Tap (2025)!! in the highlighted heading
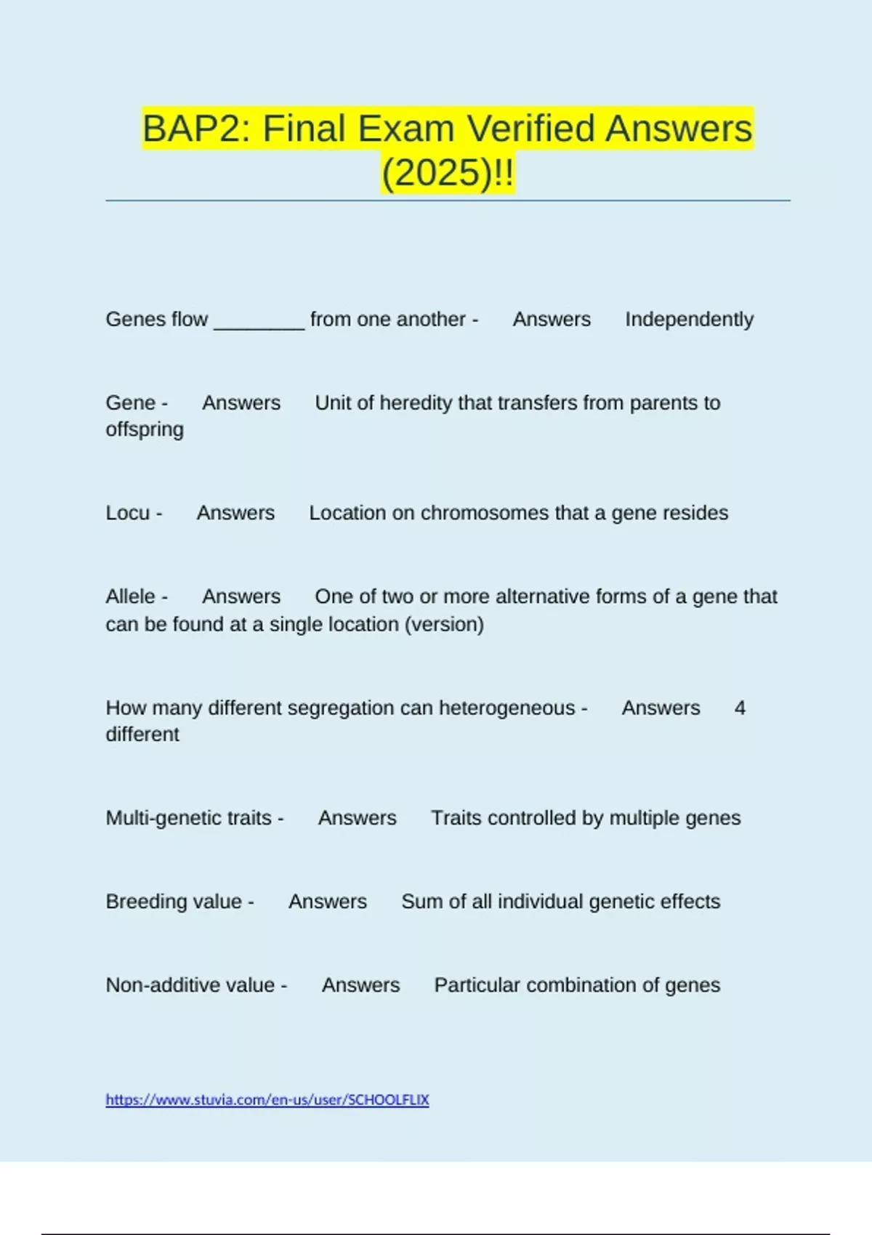(x=448, y=173)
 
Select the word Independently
(x=689, y=319)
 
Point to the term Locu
(x=127, y=513)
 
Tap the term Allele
(x=131, y=596)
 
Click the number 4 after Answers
(x=740, y=708)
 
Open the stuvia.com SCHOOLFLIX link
(x=267, y=1100)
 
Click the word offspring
(x=145, y=429)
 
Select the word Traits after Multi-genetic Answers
(x=456, y=818)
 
